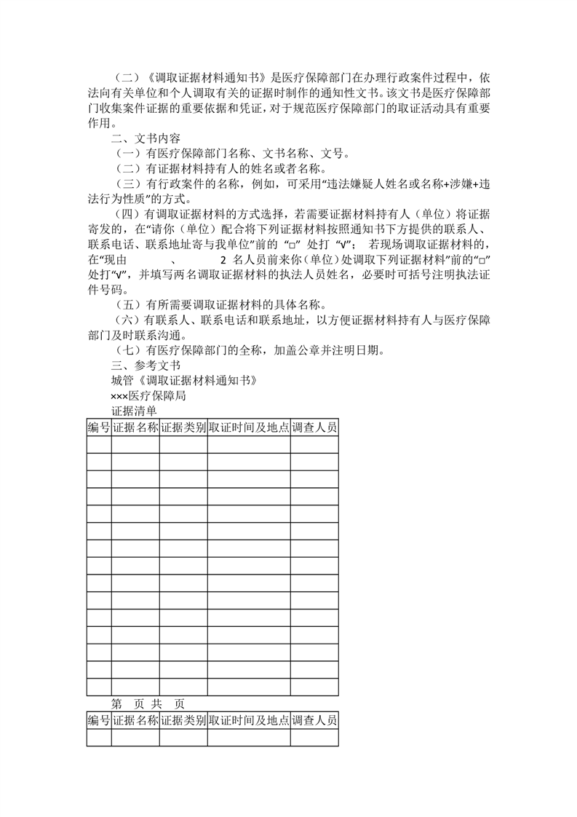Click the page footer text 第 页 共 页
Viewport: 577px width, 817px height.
(x=148, y=704)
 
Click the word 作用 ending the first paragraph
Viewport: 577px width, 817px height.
(x=99, y=123)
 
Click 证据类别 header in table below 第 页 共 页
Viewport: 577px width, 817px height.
(x=183, y=721)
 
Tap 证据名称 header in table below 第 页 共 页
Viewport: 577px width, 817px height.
(x=135, y=721)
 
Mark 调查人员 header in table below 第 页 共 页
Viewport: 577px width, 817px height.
(x=314, y=721)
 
